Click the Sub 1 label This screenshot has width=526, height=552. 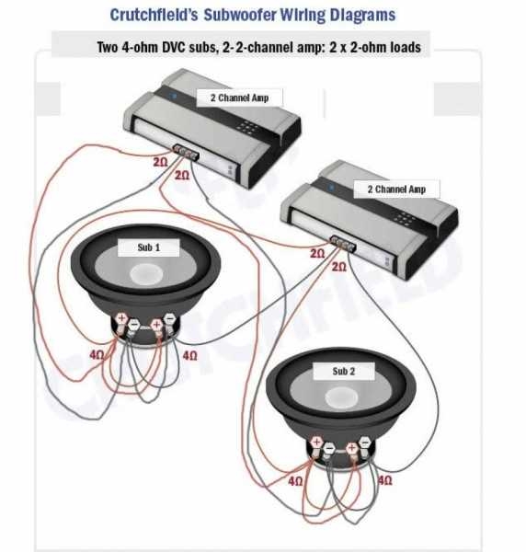(149, 247)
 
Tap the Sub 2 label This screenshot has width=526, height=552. (342, 371)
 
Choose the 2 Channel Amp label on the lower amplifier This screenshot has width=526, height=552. (396, 190)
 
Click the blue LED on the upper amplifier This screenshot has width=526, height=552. (174, 95)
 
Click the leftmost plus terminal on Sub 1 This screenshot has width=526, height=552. (120, 320)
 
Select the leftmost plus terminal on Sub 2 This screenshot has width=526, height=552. (315, 444)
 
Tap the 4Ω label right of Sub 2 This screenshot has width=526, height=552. (385, 481)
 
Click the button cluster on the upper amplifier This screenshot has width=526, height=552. (246, 128)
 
